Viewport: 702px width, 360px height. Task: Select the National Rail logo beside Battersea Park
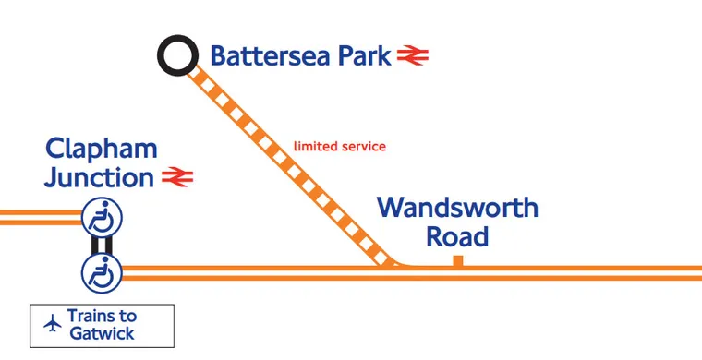413,56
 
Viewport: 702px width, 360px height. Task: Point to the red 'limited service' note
339,146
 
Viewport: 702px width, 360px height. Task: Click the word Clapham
102,149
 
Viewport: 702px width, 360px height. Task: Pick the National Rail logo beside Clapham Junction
176,176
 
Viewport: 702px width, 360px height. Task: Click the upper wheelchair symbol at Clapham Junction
102,219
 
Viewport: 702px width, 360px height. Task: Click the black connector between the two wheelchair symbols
102,246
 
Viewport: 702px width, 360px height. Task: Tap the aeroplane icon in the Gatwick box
52,324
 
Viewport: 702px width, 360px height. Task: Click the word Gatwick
103,333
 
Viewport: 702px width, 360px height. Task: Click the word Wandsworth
457,207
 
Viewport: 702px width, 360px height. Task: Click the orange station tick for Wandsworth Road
457,262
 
